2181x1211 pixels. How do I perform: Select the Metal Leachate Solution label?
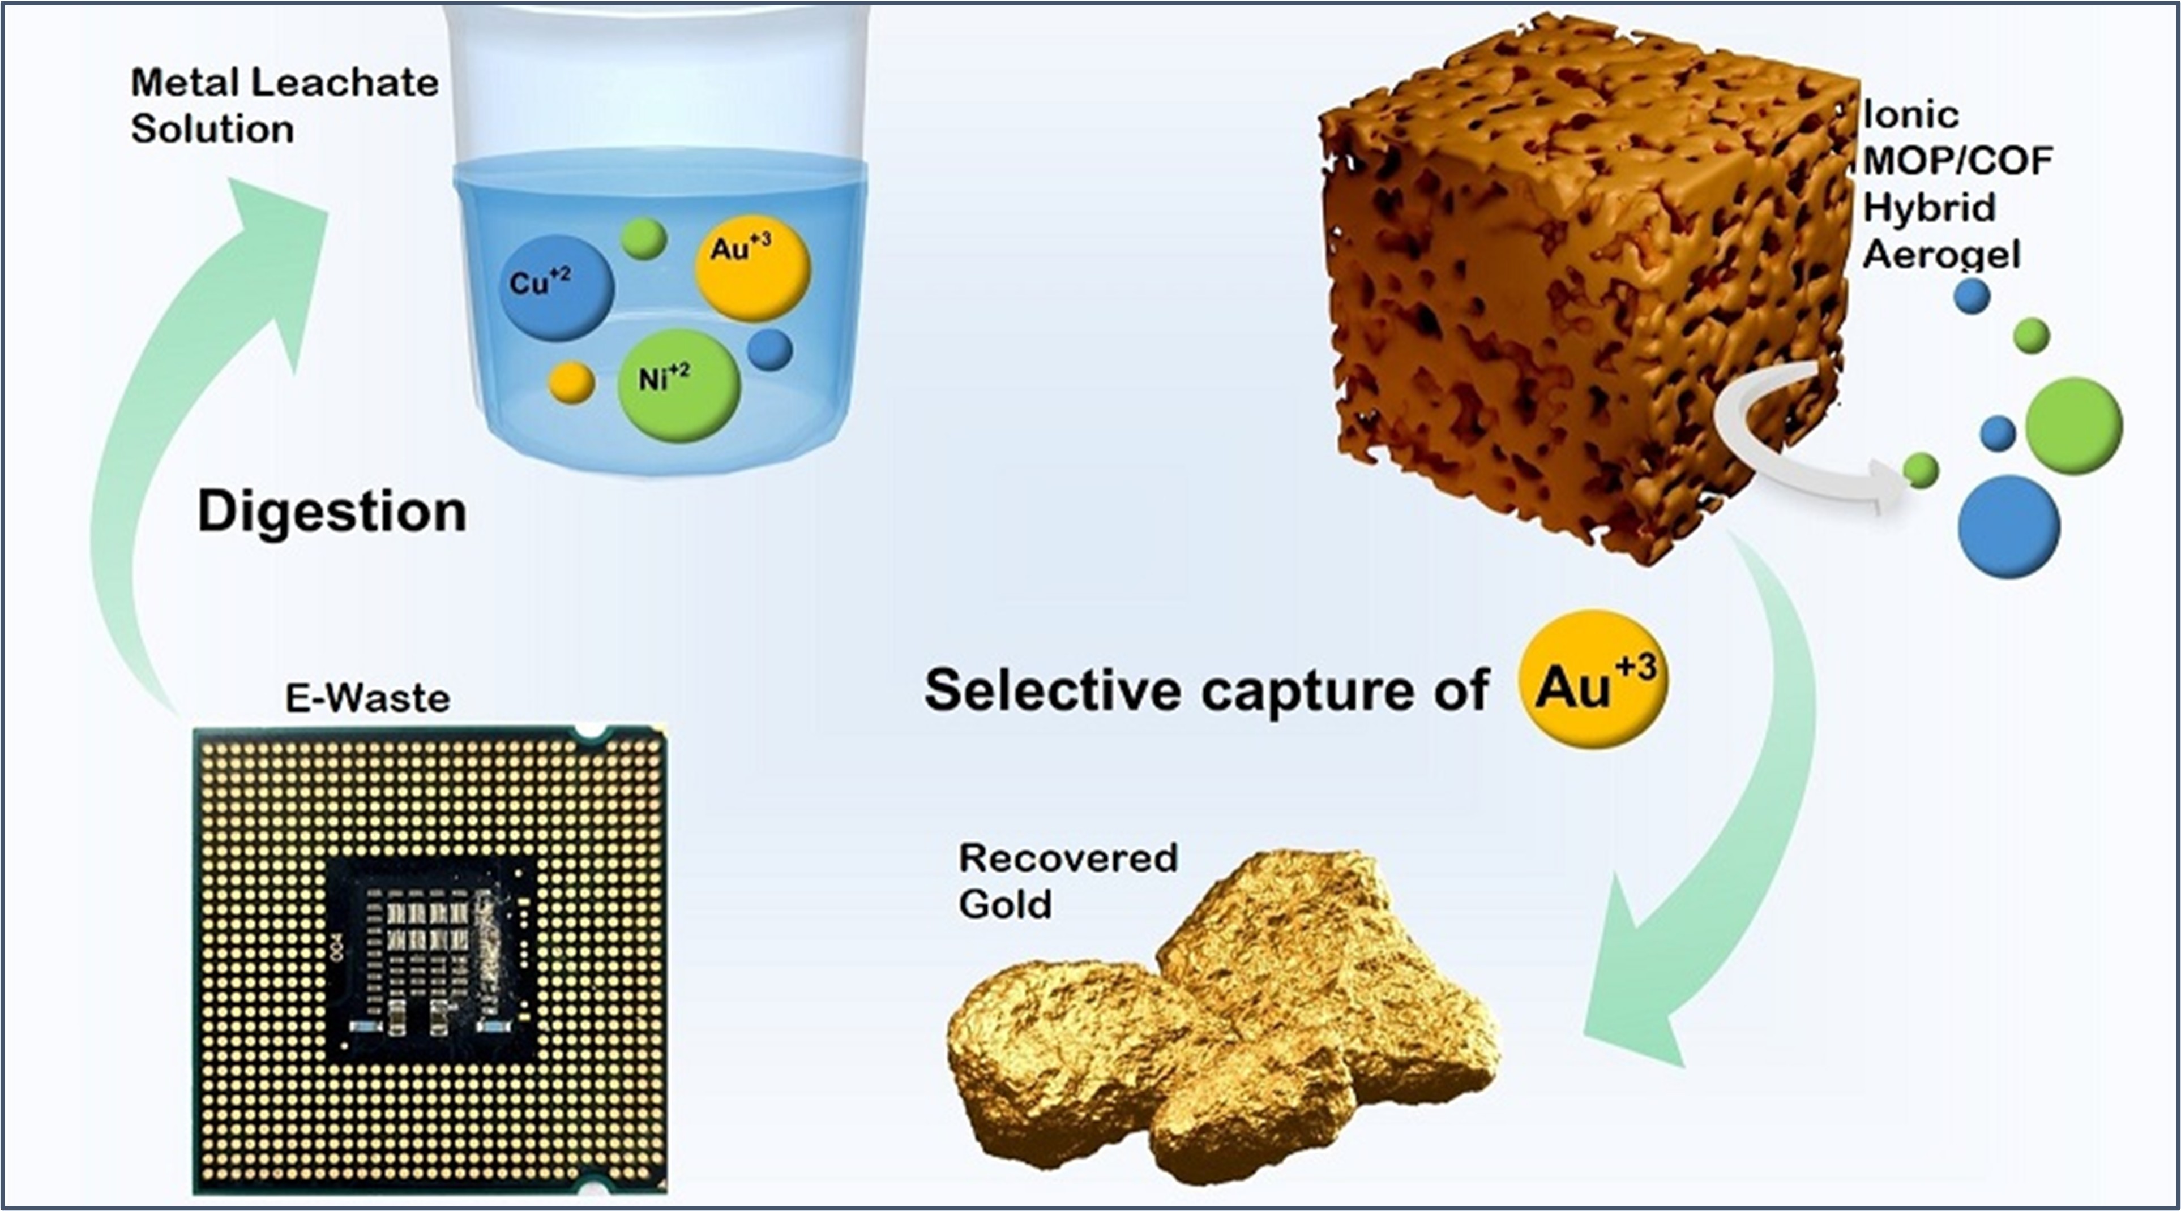coord(284,106)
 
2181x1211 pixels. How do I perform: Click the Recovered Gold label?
coord(1068,881)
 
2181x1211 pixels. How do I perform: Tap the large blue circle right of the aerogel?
coord(2009,526)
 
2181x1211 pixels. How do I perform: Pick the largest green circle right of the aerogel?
coord(2073,426)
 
